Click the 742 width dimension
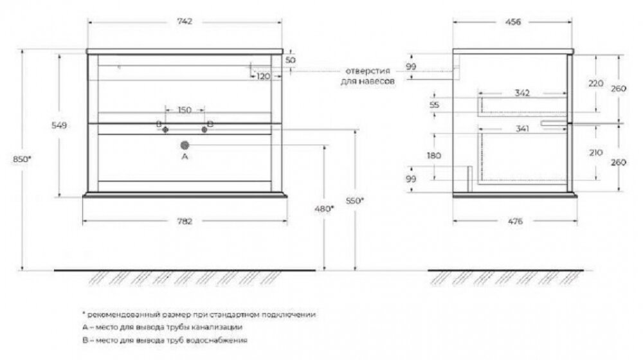point(185,21)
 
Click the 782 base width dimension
point(185,221)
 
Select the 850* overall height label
point(22,159)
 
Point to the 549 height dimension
point(59,125)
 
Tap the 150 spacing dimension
point(185,110)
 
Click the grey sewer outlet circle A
point(185,145)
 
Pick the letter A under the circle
point(185,156)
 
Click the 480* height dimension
point(324,209)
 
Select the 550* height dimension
point(355,201)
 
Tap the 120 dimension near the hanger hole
point(263,76)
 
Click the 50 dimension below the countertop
point(291,60)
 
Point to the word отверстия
point(367,71)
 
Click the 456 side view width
point(513,22)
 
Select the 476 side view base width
point(516,221)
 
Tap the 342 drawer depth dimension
point(522,93)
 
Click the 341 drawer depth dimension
point(522,129)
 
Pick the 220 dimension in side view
point(596,83)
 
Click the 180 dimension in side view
point(434,156)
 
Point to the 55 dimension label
point(434,105)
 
